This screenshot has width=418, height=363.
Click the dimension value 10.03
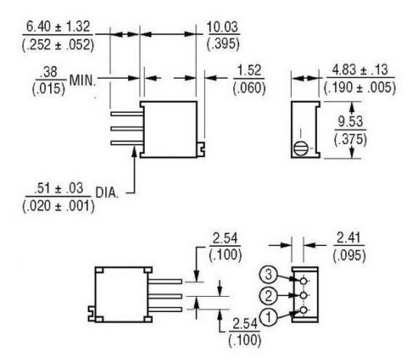(x=222, y=27)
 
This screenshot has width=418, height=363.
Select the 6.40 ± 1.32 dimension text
(x=59, y=27)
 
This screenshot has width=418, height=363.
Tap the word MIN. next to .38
(x=83, y=80)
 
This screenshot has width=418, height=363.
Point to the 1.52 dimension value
(x=249, y=70)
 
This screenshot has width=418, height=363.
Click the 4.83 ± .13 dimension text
(x=359, y=69)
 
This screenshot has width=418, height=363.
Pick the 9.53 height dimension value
(x=350, y=121)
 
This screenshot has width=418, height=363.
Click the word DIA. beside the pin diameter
(x=107, y=192)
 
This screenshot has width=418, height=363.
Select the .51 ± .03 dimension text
(x=59, y=188)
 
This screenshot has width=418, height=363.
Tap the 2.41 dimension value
(x=349, y=238)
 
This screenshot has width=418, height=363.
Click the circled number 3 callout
(x=268, y=274)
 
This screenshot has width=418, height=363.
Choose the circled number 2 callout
(x=268, y=295)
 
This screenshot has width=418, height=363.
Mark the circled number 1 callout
(x=268, y=317)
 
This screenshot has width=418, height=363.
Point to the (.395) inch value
(x=223, y=43)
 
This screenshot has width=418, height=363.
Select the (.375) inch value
(x=350, y=139)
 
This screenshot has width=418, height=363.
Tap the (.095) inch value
(x=349, y=255)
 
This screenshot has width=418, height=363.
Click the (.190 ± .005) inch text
(x=359, y=88)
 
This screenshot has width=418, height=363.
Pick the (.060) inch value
(x=249, y=88)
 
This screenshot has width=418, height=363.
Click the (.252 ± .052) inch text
(x=59, y=44)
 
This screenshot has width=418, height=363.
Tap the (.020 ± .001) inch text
(x=59, y=207)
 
